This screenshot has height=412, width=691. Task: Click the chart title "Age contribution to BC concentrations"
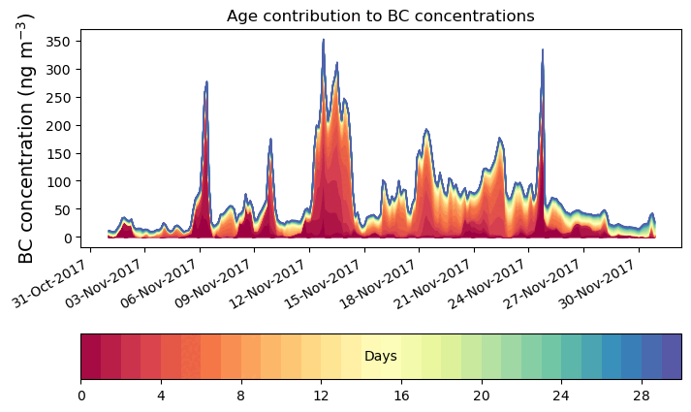pos(380,16)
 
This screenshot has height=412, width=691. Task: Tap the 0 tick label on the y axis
pos(67,238)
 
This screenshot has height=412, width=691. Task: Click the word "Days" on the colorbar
pos(380,357)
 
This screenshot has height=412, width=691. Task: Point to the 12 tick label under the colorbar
pos(321,396)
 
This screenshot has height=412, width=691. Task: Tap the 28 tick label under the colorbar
pos(641,396)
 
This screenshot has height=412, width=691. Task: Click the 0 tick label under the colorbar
pos(81,396)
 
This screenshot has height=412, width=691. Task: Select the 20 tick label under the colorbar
pos(481,396)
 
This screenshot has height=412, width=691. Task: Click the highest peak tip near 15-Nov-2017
pos(324,41)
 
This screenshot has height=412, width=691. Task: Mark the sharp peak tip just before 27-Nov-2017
pos(543,50)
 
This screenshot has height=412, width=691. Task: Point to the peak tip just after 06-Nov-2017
pos(206,82)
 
